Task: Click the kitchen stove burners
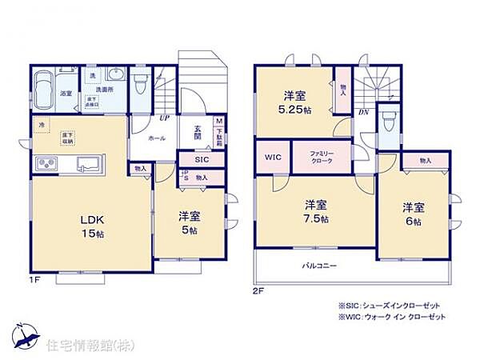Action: [x=45, y=166]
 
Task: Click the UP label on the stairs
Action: [x=164, y=118]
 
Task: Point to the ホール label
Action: [x=157, y=138]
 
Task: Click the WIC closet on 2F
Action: [x=271, y=157]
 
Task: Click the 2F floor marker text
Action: [x=258, y=292]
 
